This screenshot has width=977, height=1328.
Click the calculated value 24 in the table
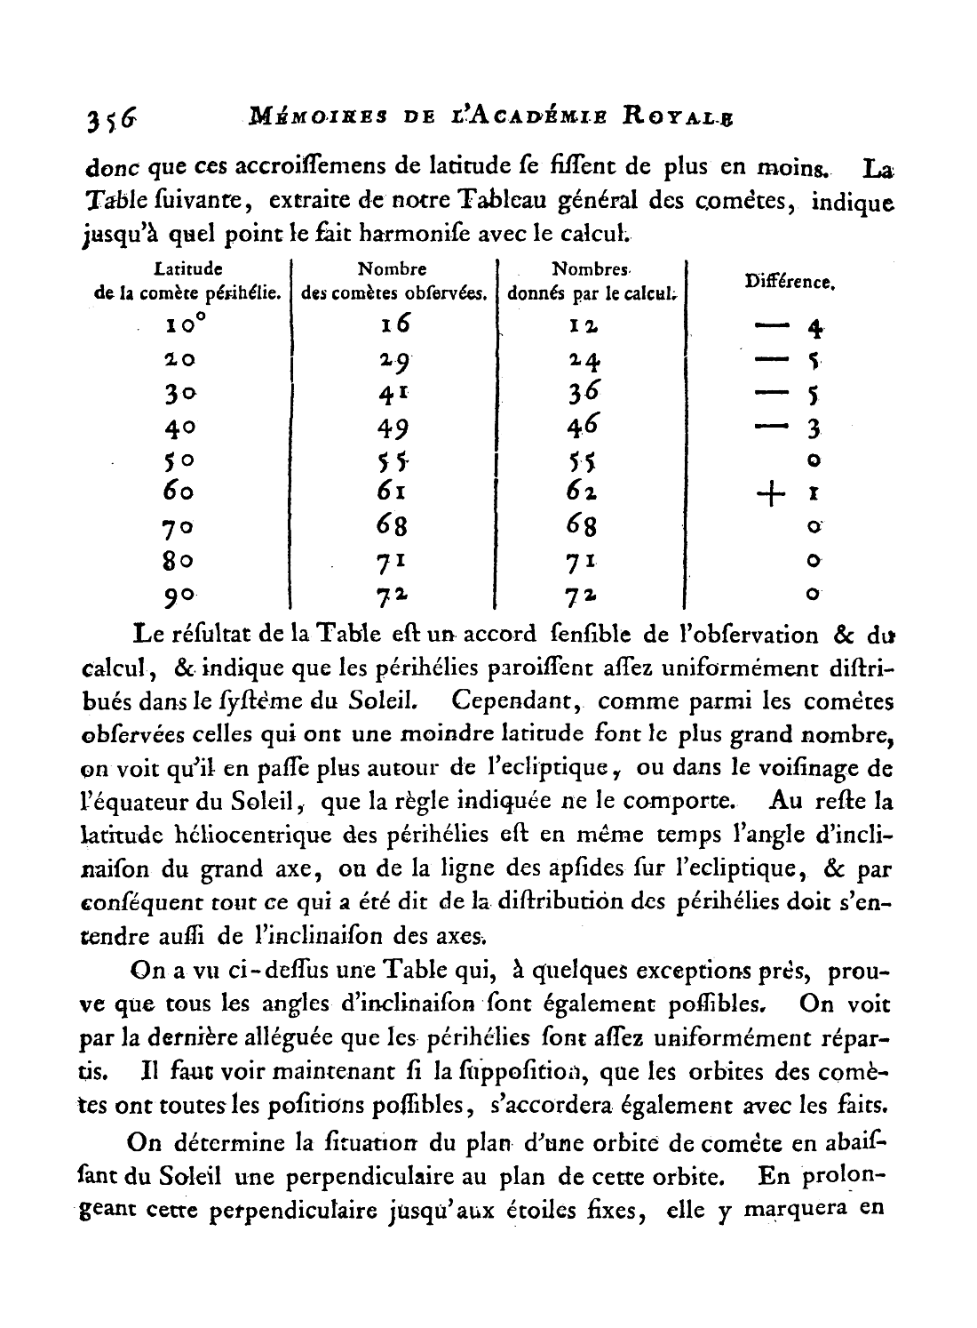pyautogui.click(x=586, y=360)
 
